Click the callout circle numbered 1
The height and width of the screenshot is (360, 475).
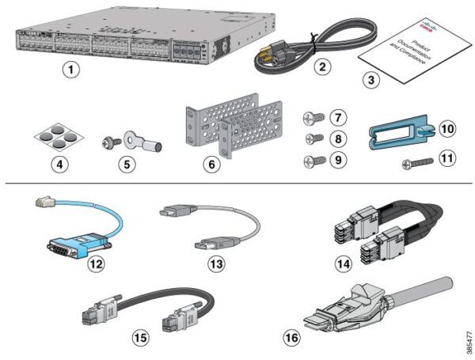pos(72,70)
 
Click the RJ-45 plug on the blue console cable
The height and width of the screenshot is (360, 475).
pos(44,205)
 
